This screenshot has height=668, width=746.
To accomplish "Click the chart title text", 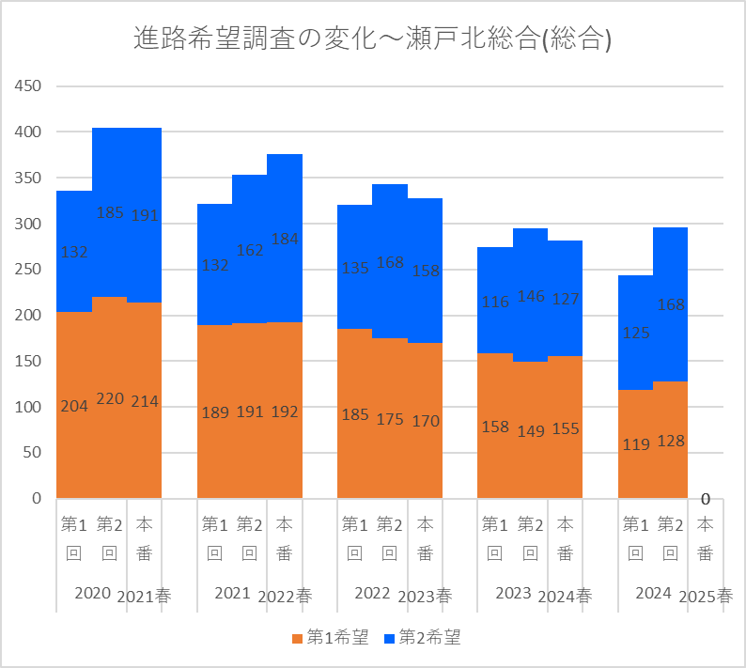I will pyautogui.click(x=373, y=39).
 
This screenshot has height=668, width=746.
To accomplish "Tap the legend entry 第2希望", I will pyautogui.click(x=422, y=638).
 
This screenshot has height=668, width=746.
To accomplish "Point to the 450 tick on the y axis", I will pyautogui.click(x=27, y=86).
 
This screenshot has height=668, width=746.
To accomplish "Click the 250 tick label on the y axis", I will pyautogui.click(x=27, y=270).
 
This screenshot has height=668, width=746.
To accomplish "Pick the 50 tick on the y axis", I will pyautogui.click(x=32, y=453).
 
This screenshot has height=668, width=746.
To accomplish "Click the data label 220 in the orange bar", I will pyautogui.click(x=110, y=398).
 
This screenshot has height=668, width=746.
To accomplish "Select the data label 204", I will pyautogui.click(x=75, y=407).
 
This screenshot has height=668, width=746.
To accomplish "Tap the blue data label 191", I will pyautogui.click(x=145, y=215).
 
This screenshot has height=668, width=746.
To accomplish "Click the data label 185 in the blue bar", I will pyautogui.click(x=110, y=212).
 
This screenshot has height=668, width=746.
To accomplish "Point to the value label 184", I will pyautogui.click(x=285, y=239).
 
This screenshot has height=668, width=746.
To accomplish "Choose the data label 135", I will pyautogui.click(x=355, y=267).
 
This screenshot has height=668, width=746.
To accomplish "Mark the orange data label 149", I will pyautogui.click(x=531, y=431).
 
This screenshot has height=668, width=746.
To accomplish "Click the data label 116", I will pyautogui.click(x=495, y=302).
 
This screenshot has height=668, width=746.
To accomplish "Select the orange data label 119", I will pyautogui.click(x=636, y=444).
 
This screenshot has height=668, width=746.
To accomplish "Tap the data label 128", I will pyautogui.click(x=671, y=441).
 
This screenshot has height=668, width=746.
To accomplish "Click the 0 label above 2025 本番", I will pyautogui.click(x=705, y=499).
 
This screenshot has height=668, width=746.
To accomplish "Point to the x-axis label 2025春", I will pyautogui.click(x=706, y=596).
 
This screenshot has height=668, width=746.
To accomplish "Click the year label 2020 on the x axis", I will pyautogui.click(x=92, y=594).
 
